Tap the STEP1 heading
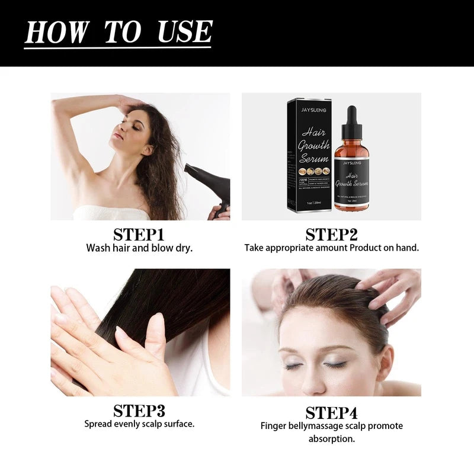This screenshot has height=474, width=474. click(139, 234)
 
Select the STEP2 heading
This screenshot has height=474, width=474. click(331, 234)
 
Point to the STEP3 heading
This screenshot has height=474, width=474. click(139, 411)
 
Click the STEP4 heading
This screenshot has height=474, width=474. click(331, 412)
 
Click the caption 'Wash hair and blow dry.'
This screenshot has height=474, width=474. click(139, 248)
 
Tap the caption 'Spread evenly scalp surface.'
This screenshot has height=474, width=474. click(139, 424)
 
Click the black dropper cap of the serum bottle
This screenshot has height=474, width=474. click(351, 121)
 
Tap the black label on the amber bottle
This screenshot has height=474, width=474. click(353, 181)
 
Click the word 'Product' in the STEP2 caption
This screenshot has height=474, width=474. click(370, 248)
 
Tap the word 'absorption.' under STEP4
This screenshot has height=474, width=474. click(331, 439)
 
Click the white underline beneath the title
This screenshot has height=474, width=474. click(118, 47)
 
